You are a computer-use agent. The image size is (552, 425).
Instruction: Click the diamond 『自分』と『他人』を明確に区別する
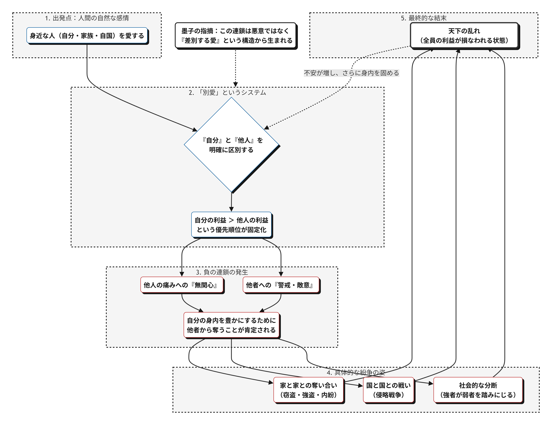pyautogui.click(x=231, y=145)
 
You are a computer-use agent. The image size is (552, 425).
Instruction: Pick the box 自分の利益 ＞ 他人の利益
pyautogui.click(x=231, y=225)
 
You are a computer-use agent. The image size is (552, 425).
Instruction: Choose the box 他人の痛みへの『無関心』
pyautogui.click(x=182, y=285)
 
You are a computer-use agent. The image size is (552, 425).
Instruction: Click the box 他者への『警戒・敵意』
pyautogui.click(x=281, y=285)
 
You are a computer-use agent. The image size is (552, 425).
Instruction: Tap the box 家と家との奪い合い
pyautogui.click(x=308, y=390)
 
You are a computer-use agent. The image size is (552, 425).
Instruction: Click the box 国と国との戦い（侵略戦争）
pyautogui.click(x=388, y=390)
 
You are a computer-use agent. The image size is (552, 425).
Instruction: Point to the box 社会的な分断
pyautogui.click(x=478, y=390)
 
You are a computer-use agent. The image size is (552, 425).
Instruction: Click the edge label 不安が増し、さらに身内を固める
pyautogui.click(x=351, y=73)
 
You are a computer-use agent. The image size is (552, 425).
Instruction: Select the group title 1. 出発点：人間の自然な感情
pyautogui.click(x=87, y=18)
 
